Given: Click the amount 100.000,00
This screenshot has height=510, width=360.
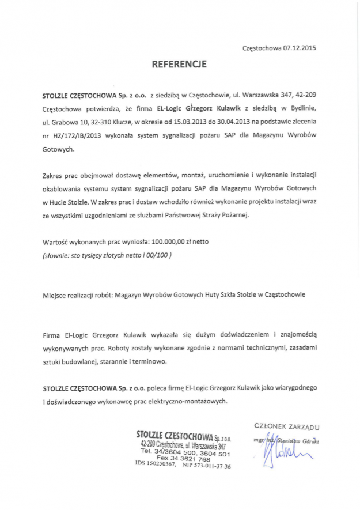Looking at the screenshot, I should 170,225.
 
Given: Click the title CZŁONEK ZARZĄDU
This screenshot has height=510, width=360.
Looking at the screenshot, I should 286,426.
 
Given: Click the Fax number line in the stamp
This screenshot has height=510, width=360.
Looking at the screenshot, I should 186,459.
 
